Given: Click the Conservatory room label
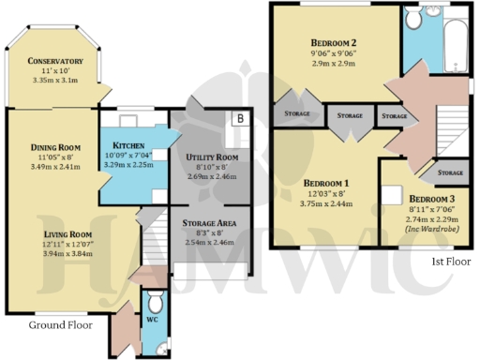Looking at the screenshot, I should click(x=54, y=62).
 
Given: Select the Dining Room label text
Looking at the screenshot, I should click(x=55, y=147).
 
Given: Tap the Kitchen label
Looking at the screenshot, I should click(x=127, y=146).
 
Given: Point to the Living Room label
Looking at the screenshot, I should click(x=55, y=234).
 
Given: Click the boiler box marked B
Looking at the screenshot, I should click(x=240, y=119).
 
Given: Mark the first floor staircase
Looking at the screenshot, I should click(x=448, y=127).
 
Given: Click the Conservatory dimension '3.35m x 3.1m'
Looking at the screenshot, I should click(x=54, y=81).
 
